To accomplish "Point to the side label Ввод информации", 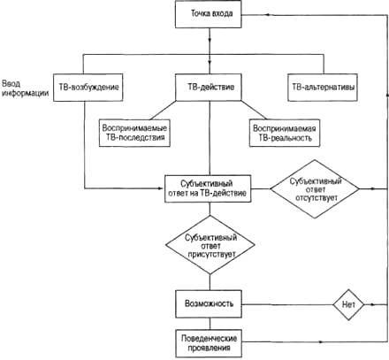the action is tap(25, 88).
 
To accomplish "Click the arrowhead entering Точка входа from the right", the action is tap(267, 14).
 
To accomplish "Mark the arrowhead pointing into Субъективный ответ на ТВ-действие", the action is tap(161, 188).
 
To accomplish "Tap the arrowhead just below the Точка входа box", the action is tap(210, 39).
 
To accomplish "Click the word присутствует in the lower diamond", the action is tap(211, 254).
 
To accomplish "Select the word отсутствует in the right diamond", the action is tap(317, 197).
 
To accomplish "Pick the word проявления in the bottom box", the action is tap(209, 348).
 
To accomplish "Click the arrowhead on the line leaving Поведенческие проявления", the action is tap(321, 342).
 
